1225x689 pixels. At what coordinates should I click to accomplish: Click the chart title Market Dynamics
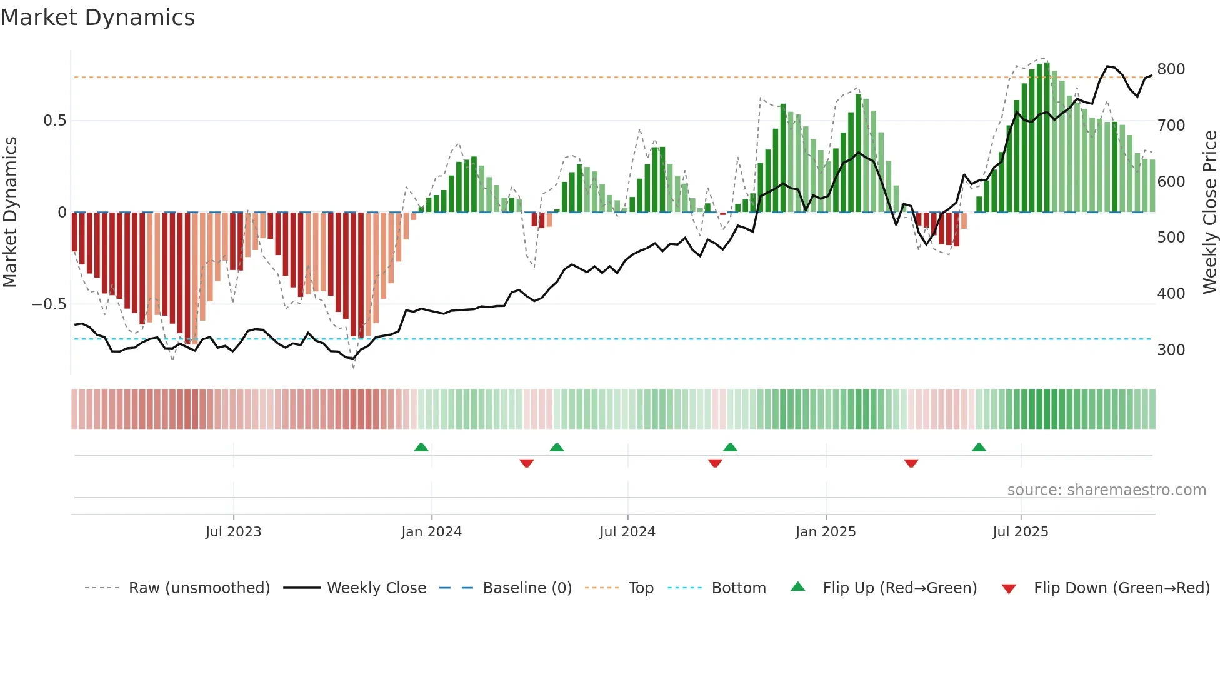click(x=97, y=18)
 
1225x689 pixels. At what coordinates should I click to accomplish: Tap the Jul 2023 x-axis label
click(x=233, y=532)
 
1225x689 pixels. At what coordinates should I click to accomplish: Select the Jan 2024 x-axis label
click(x=431, y=532)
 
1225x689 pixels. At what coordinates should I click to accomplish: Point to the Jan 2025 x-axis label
click(x=825, y=532)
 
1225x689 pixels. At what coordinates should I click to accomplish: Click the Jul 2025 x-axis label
click(x=1020, y=532)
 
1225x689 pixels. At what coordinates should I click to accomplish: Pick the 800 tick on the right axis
click(x=1171, y=69)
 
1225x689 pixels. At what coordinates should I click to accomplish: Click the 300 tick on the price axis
click(x=1171, y=350)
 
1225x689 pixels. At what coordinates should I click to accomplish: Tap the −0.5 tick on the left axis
click(x=49, y=304)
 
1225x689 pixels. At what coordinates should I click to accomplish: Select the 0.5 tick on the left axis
click(x=54, y=121)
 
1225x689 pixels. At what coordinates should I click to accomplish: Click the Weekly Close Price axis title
click(x=1210, y=213)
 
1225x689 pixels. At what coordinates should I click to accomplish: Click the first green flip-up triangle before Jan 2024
click(x=421, y=448)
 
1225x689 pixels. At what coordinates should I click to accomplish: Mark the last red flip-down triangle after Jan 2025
click(x=911, y=463)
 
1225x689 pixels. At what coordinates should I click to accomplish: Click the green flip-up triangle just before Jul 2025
click(x=979, y=448)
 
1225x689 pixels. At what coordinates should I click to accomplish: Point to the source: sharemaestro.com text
click(x=1106, y=490)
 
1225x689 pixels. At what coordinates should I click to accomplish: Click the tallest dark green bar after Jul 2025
click(x=1047, y=138)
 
